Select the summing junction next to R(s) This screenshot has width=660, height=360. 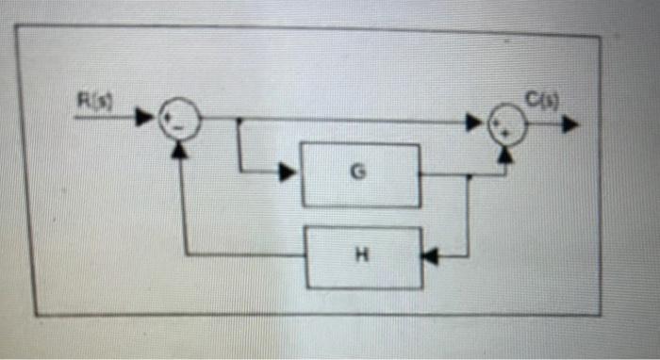coord(176,120)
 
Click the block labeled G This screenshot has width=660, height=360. coord(361,173)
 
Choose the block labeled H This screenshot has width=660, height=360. coord(363,255)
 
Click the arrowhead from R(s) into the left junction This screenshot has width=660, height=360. coord(144,119)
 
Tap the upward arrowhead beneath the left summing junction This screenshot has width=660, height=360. coord(178,148)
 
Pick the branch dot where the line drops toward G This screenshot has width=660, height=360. coord(239,120)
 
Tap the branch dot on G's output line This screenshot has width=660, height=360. coord(469,175)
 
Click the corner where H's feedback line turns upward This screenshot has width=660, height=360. coord(185,254)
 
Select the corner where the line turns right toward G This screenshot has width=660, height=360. coord(240,172)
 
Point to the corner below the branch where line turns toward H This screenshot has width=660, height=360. coord(469,254)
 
